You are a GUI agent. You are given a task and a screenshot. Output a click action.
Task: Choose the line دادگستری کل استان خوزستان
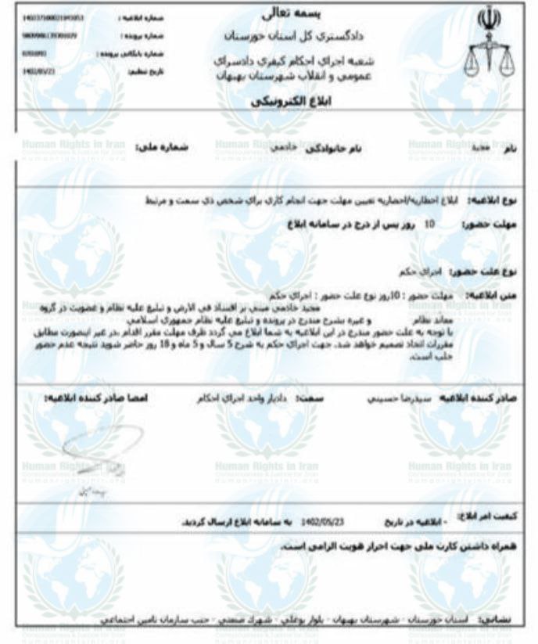point(268,35)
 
